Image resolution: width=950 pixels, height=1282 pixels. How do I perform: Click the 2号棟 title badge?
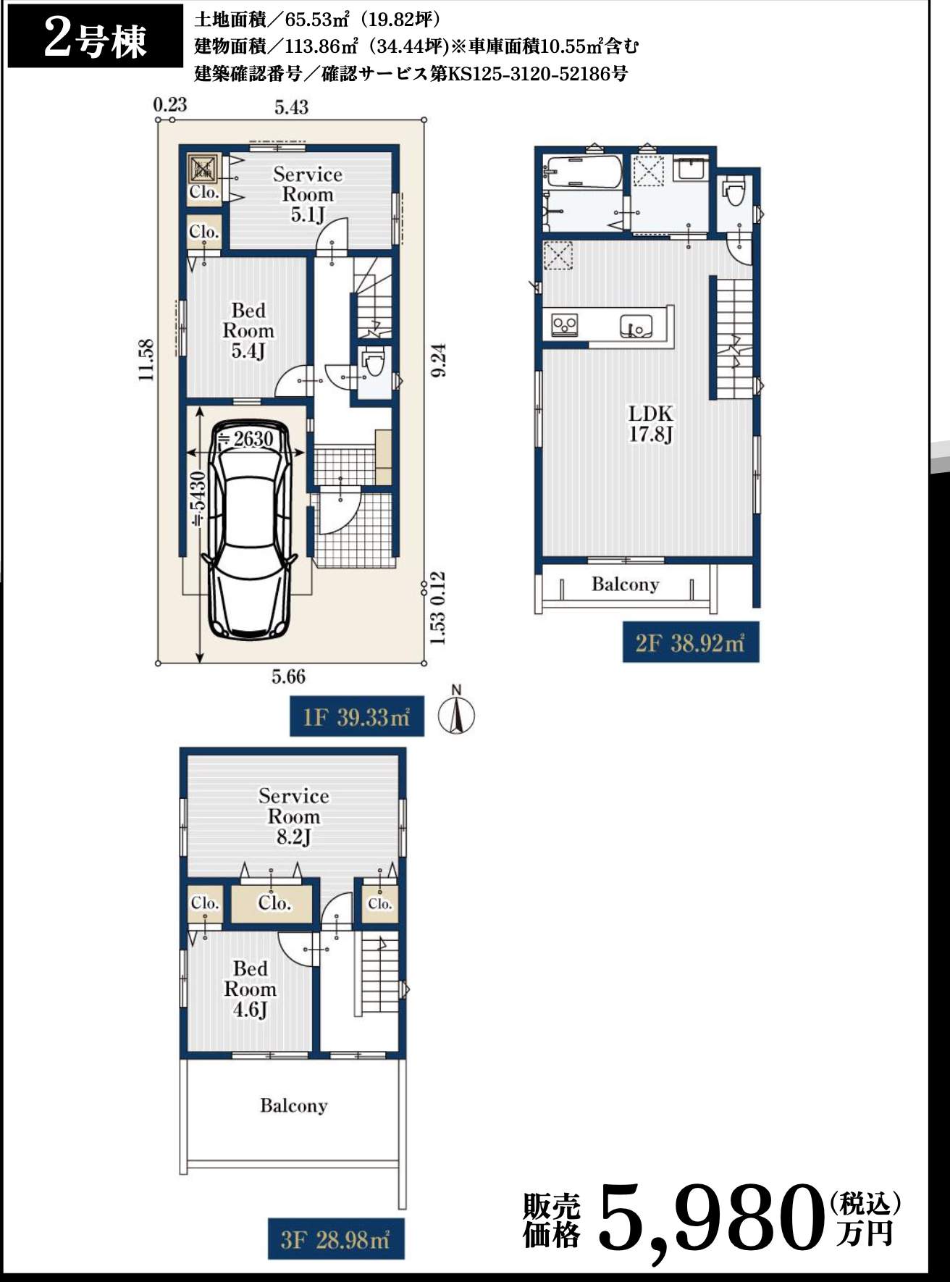click(x=95, y=36)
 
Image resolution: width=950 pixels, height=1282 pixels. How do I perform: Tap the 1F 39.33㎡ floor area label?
click(x=357, y=717)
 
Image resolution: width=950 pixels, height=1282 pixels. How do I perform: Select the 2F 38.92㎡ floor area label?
click(x=691, y=642)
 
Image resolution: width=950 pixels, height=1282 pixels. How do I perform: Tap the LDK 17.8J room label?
click(x=650, y=424)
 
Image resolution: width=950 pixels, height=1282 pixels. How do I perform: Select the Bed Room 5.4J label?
click(x=248, y=331)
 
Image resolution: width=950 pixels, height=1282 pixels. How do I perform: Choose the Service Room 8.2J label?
click(x=293, y=816)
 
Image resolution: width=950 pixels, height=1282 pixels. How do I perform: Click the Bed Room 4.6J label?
click(x=250, y=989)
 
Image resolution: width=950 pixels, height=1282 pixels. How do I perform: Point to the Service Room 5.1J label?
click(x=308, y=194)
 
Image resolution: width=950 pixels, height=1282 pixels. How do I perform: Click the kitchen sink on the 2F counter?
click(x=636, y=326)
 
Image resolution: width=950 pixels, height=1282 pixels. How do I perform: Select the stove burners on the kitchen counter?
click(x=565, y=324)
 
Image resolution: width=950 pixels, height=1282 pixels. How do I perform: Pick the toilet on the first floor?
click(x=374, y=363)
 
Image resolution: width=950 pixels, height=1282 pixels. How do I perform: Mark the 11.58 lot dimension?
click(x=146, y=360)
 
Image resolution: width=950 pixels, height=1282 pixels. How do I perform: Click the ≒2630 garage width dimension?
click(x=245, y=439)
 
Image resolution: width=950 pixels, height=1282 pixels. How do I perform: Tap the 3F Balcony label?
click(x=293, y=1105)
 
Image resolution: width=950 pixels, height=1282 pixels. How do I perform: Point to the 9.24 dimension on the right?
click(x=438, y=359)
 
